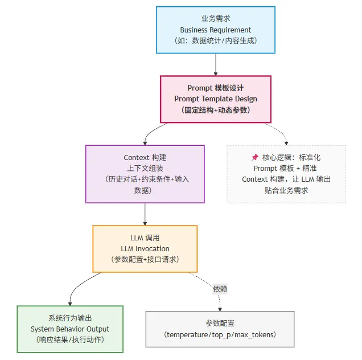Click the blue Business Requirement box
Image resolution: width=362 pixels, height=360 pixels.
(x=216, y=30)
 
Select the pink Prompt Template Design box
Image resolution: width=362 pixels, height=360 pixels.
(x=216, y=99)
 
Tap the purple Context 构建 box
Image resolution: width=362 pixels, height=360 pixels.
(x=145, y=174)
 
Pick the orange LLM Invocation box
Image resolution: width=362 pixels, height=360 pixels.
(x=145, y=248)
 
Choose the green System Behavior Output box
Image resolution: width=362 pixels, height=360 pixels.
(x=70, y=329)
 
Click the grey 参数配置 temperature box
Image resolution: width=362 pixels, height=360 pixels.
(x=220, y=329)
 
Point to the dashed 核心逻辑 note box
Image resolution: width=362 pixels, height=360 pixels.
(x=286, y=174)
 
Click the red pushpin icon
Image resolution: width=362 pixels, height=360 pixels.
(x=254, y=157)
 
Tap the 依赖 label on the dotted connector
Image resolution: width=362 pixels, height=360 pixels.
(x=220, y=289)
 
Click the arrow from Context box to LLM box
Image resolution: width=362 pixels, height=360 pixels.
(x=145, y=214)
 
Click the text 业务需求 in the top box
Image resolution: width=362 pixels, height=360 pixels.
(x=216, y=18)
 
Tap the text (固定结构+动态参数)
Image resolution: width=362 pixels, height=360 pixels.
(x=216, y=110)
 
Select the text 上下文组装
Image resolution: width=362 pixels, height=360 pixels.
(x=145, y=168)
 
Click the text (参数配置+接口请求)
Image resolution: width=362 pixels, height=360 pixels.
(x=145, y=260)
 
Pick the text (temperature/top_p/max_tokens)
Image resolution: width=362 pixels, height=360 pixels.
(x=220, y=334)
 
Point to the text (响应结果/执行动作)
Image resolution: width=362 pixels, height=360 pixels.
(x=70, y=340)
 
